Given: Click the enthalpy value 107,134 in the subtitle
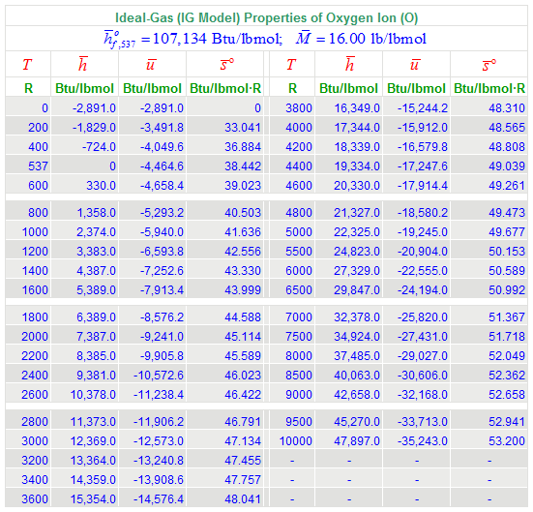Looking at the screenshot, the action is pos(180,39).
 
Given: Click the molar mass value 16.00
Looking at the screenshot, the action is pos(346,39).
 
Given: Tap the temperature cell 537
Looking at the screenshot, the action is pos(38,166).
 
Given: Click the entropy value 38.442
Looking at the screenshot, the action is pos(243,166).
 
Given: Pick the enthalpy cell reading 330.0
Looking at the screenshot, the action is pos(101,186).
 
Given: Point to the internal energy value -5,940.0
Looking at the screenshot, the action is pos(162,232).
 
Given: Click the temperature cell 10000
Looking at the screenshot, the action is pos(295,441).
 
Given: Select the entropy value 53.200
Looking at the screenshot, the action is pos(507,441).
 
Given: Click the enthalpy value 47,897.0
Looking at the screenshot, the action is pos(357,441).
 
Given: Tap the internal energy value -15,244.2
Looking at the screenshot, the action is pos(423,108).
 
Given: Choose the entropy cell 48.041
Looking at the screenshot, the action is pos(243,499).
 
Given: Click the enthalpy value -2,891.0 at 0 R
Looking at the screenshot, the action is pos(94,108).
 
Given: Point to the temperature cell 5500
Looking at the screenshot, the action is pos(299,252).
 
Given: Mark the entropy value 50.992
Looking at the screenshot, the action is pos(507,290).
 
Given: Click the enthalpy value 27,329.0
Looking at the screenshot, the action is pos(357,271).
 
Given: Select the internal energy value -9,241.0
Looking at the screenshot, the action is pos(162,337).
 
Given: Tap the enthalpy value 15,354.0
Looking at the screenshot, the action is pos(93,499).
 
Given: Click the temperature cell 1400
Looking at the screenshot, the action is pos(35,271).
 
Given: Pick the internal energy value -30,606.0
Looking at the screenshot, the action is pos(423,376).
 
